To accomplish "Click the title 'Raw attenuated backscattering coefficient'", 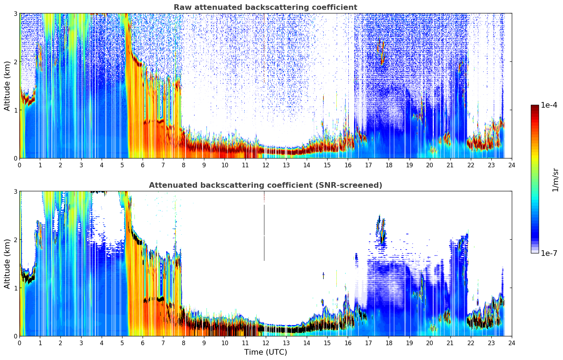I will pyautogui.click(x=265, y=7).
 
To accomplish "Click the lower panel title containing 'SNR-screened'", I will pyautogui.click(x=265, y=185).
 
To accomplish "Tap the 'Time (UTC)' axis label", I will pyautogui.click(x=265, y=352).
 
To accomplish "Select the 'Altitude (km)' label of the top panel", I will pyautogui.click(x=7, y=86).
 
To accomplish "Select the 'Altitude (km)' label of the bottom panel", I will pyautogui.click(x=7, y=264).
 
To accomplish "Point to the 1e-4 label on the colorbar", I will pyautogui.click(x=549, y=105).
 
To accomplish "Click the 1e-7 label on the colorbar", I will pyautogui.click(x=549, y=253).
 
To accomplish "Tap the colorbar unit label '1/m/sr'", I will pyautogui.click(x=555, y=180).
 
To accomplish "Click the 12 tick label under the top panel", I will pyautogui.click(x=265, y=165).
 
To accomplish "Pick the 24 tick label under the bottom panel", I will pyautogui.click(x=511, y=343).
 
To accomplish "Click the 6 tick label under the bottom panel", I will pyautogui.click(x=143, y=343).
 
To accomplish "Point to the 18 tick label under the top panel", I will pyautogui.click(x=389, y=165).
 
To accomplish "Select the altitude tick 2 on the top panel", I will pyautogui.click(x=16, y=62).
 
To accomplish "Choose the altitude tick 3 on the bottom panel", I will pyautogui.click(x=16, y=191).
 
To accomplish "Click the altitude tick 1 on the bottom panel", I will pyautogui.click(x=16, y=288).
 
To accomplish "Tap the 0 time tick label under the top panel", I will pyautogui.click(x=19, y=165).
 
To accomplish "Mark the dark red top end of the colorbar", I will pyautogui.click(x=534, y=107).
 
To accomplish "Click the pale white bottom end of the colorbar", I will pyautogui.click(x=534, y=252).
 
